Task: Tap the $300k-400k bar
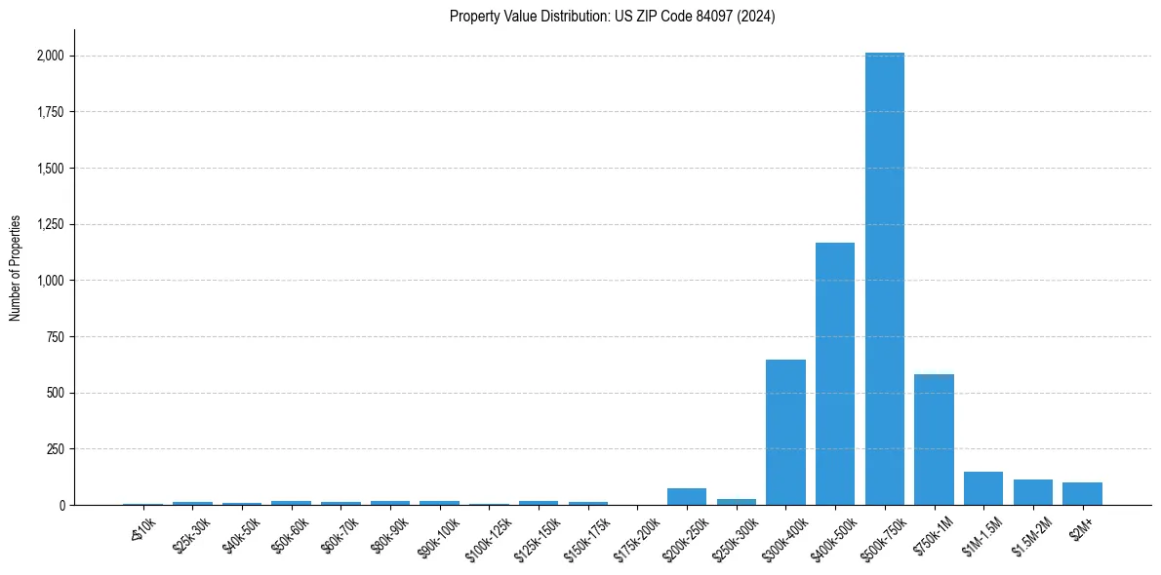(x=785, y=433)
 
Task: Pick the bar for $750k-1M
(x=934, y=440)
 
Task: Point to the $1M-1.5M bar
(x=983, y=488)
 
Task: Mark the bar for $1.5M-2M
(x=1033, y=492)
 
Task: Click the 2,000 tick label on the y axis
(x=49, y=57)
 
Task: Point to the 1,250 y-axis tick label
(x=49, y=225)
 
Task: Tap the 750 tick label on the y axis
(x=56, y=337)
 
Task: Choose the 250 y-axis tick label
(x=56, y=449)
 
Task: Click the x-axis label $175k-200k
(x=636, y=533)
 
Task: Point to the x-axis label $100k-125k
(x=488, y=533)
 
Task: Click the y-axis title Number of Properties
(x=16, y=268)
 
